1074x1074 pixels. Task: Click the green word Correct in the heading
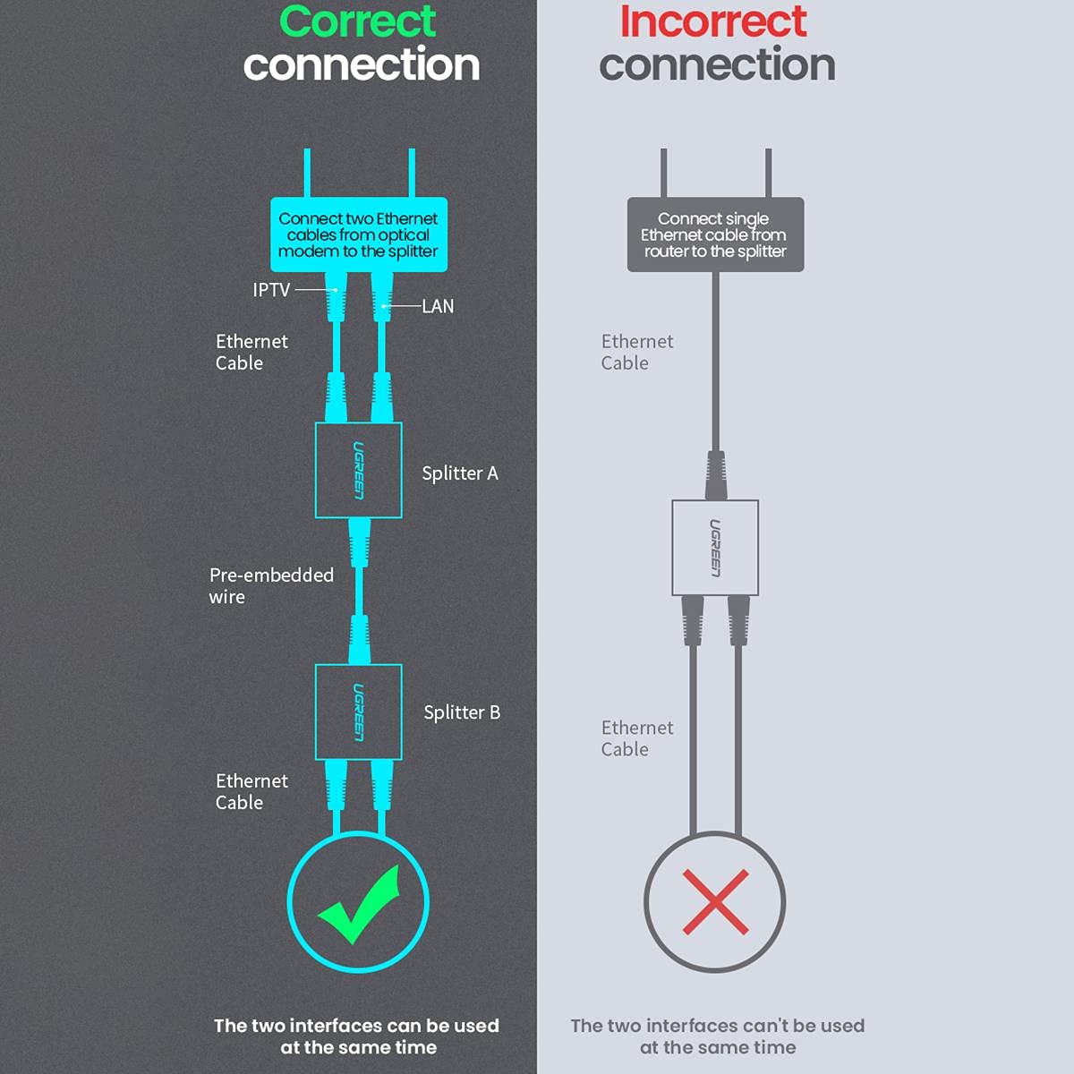click(x=357, y=21)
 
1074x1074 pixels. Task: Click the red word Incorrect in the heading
click(x=713, y=21)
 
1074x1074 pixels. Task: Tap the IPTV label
click(x=271, y=290)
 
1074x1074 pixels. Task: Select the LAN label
click(x=438, y=306)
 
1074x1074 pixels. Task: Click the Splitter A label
click(x=460, y=473)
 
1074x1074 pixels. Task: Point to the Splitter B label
click(x=462, y=712)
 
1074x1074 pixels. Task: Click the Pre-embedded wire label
click(x=271, y=585)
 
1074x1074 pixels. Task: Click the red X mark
click(x=716, y=902)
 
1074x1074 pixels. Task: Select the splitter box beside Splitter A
click(x=358, y=471)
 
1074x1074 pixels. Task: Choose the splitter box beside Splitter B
click(x=358, y=712)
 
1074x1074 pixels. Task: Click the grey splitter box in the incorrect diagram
click(x=715, y=548)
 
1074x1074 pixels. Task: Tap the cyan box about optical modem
click(x=359, y=234)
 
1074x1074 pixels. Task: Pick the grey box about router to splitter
click(x=716, y=234)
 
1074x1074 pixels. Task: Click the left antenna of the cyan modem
click(x=307, y=173)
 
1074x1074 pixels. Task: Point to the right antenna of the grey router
click(x=769, y=173)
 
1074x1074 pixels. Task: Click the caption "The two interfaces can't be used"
click(x=718, y=1026)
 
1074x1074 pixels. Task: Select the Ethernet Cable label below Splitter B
click(x=251, y=791)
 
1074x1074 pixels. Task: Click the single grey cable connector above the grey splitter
click(x=716, y=475)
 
